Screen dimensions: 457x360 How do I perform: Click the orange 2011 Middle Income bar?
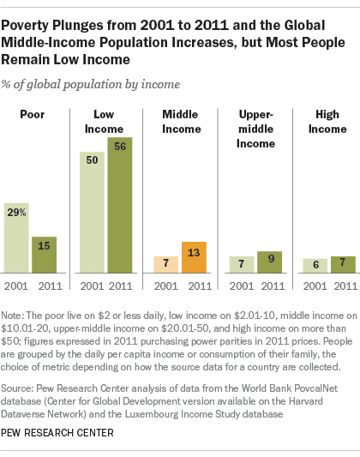tap(193, 257)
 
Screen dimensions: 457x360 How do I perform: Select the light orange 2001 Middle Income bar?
tap(165, 264)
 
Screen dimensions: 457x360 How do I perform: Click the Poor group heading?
tap(30, 114)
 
